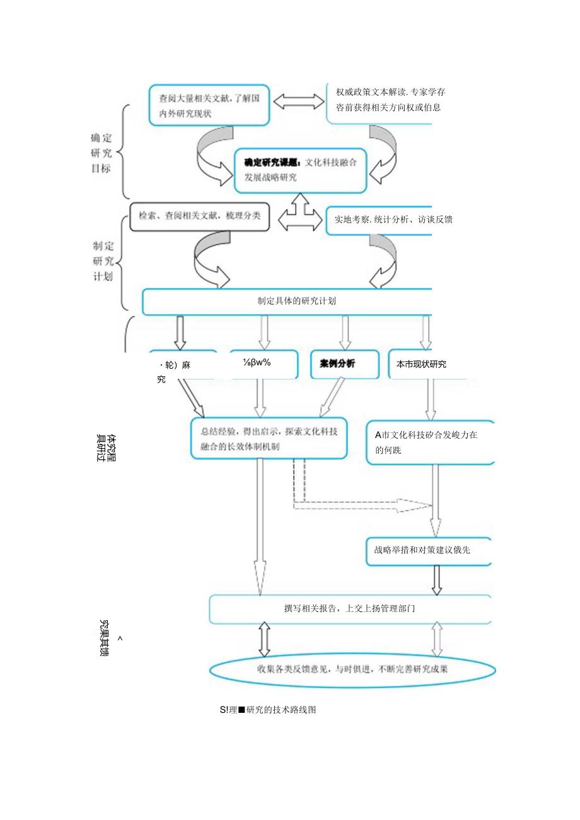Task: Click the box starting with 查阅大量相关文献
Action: coord(210,105)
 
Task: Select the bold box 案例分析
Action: coord(344,364)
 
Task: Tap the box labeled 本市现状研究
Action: coord(420,364)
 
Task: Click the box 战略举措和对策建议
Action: coord(428,550)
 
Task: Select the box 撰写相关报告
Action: coord(350,609)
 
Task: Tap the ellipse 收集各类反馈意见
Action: coord(352,669)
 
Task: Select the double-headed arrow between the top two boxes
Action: coord(298,101)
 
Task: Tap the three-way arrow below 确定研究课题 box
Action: coord(298,214)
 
